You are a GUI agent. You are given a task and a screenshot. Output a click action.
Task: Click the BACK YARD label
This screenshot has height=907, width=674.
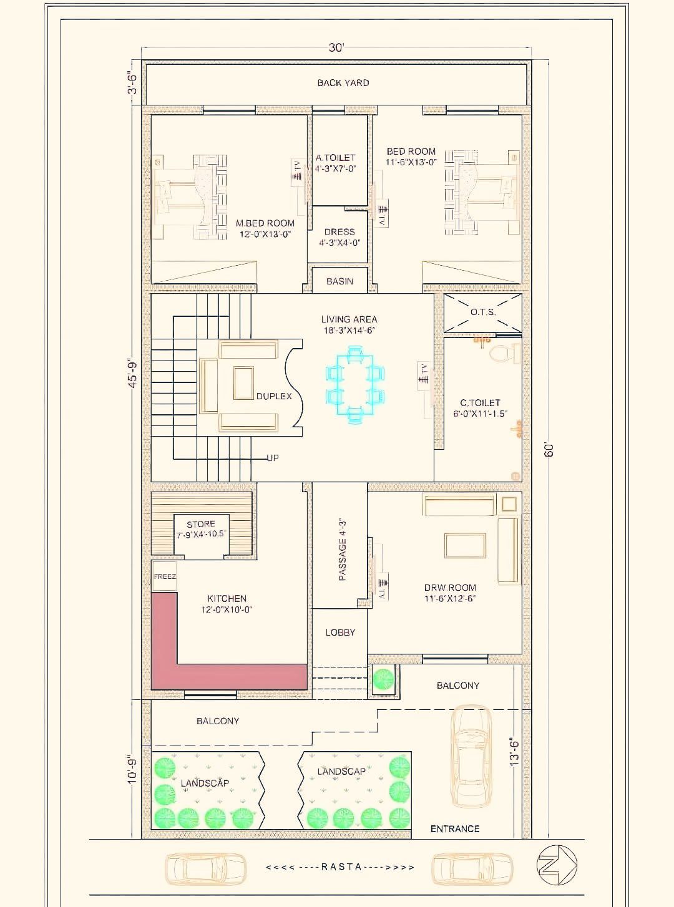pyautogui.click(x=343, y=82)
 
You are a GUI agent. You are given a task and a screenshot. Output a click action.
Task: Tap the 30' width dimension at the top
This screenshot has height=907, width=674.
pyautogui.click(x=336, y=48)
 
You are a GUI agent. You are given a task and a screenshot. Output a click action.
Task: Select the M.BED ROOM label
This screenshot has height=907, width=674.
pyautogui.click(x=265, y=223)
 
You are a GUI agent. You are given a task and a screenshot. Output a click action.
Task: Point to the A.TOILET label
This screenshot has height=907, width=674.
pyautogui.click(x=336, y=157)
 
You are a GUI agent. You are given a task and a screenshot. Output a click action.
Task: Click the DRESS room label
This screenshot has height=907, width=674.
pyautogui.click(x=339, y=232)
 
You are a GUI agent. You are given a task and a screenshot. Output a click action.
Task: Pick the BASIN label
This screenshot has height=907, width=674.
pyautogui.click(x=339, y=281)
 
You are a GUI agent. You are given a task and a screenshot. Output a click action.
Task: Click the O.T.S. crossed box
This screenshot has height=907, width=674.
pyautogui.click(x=483, y=313)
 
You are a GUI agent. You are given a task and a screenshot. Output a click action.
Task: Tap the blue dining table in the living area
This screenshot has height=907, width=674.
pyautogui.click(x=355, y=384)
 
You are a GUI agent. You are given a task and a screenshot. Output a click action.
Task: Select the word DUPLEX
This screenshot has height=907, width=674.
pyautogui.click(x=274, y=396)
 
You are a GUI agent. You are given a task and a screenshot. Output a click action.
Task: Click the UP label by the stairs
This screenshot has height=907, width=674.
pyautogui.click(x=273, y=458)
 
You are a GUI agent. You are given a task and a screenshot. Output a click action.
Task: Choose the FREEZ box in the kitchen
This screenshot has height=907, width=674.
pyautogui.click(x=165, y=576)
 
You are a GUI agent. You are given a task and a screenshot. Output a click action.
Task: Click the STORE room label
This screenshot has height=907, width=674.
pyautogui.click(x=200, y=524)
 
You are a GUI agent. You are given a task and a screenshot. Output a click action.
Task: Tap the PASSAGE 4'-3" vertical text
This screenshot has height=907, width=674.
pyautogui.click(x=343, y=550)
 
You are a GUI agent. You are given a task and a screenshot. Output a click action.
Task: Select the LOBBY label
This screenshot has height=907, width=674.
pyautogui.click(x=340, y=633)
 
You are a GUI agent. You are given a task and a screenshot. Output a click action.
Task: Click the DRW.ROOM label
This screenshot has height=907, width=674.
pyautogui.click(x=450, y=588)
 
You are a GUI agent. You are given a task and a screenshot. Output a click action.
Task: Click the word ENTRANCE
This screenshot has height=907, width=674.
pyautogui.click(x=455, y=829)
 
